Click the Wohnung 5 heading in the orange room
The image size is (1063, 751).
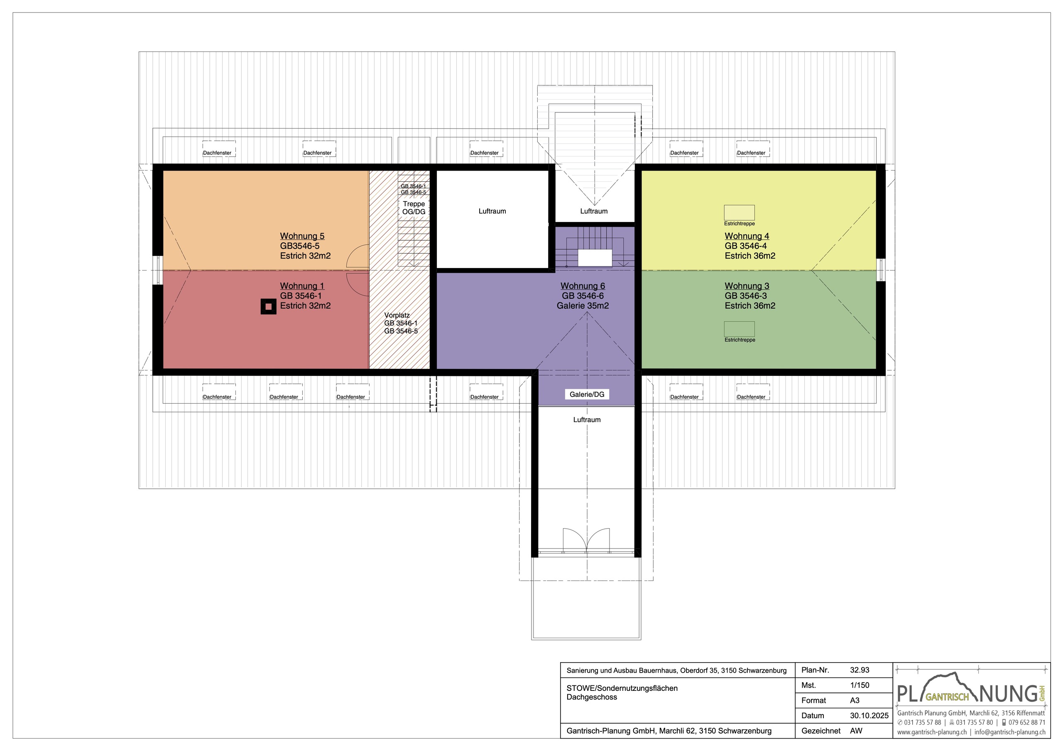(302, 236)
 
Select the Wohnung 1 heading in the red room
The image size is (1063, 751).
(302, 286)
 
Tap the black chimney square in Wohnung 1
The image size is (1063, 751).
(269, 306)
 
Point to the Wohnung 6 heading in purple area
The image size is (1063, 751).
(583, 286)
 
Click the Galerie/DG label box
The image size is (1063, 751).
(587, 394)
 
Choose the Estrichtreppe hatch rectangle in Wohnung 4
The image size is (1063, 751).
(739, 213)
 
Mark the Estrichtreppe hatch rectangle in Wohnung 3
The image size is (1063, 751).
(739, 329)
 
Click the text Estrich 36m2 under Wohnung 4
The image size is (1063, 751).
(749, 256)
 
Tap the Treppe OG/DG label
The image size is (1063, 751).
(414, 208)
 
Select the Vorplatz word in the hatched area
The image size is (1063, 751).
(397, 315)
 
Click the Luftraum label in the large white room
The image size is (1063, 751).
(492, 211)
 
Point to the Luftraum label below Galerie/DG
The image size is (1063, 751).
(587, 420)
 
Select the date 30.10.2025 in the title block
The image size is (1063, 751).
(869, 715)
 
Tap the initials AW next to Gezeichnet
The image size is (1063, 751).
(856, 731)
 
